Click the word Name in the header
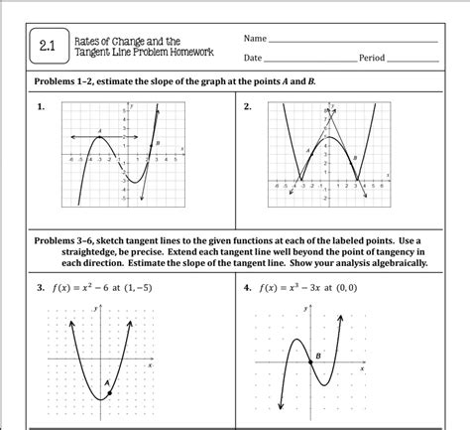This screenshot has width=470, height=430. [255, 39]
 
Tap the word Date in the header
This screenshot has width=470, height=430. [253, 59]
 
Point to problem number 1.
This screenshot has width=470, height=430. [41, 105]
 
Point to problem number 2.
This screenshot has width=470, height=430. [247, 105]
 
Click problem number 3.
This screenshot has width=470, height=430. [41, 288]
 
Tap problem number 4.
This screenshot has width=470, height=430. [247, 288]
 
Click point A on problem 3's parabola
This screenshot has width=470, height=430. [108, 393]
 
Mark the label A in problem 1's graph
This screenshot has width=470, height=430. [101, 131]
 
